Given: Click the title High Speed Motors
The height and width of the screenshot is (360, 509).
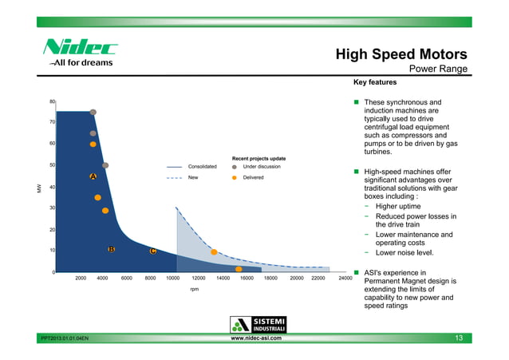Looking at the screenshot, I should click(x=400, y=54).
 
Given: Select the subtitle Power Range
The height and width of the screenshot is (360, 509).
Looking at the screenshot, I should click(x=437, y=69).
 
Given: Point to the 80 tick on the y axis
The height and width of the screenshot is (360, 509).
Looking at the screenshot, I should click(x=52, y=101).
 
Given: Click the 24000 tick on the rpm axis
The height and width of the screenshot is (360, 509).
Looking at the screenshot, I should click(x=345, y=279).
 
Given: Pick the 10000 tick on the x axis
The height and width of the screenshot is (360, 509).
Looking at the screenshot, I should click(x=172, y=279).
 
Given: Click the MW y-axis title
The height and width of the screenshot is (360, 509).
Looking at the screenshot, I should click(x=38, y=188).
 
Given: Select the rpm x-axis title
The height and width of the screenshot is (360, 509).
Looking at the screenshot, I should click(x=194, y=289).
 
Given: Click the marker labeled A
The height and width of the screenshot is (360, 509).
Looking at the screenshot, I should click(x=93, y=176).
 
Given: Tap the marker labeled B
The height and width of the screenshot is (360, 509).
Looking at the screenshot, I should click(x=112, y=250).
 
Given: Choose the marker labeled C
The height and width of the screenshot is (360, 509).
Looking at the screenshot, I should click(x=152, y=251).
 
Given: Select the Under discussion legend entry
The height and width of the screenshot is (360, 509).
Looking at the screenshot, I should click(x=261, y=166).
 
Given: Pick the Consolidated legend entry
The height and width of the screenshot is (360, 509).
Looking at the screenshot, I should click(x=202, y=166).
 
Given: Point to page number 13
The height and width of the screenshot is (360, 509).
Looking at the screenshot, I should click(x=459, y=338).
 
